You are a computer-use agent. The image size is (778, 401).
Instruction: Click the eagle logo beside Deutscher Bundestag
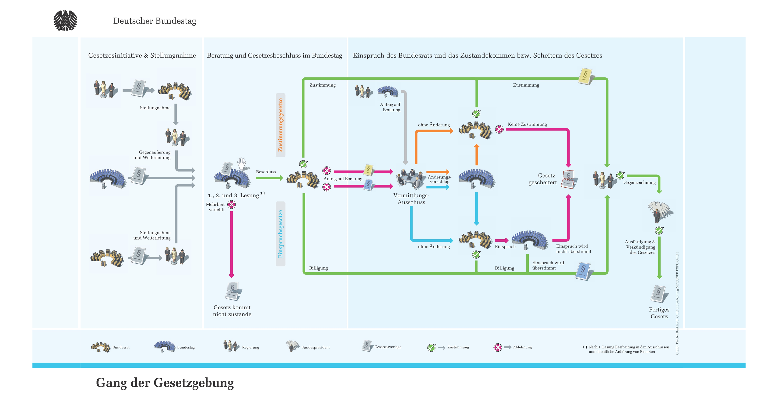coord(65,21)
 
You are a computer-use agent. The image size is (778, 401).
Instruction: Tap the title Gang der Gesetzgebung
coord(165,383)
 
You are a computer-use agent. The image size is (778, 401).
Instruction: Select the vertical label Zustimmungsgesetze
coord(280,125)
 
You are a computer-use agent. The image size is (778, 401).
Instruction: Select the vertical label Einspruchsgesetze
coord(280,234)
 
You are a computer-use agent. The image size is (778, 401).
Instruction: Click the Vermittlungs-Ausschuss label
coord(411,199)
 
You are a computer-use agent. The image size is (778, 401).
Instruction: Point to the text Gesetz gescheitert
coord(542,179)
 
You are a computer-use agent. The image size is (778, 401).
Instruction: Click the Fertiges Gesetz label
coord(659,313)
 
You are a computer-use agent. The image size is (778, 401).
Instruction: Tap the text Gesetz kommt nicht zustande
coord(232,311)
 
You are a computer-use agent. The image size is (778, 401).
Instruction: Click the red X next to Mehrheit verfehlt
coord(232,205)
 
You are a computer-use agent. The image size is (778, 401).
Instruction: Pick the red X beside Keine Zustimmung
coord(499,129)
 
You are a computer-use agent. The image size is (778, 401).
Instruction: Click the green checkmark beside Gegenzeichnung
coord(620,175)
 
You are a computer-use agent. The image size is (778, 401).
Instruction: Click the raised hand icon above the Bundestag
coord(242,164)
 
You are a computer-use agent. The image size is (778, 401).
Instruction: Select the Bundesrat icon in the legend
coord(101,347)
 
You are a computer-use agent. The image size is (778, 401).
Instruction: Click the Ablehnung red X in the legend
coord(498,348)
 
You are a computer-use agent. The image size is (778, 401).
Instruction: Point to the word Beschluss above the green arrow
coord(266,172)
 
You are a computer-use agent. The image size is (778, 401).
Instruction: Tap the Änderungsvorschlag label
coord(440,179)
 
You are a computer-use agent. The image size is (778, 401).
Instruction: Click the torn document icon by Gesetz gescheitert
coord(569,180)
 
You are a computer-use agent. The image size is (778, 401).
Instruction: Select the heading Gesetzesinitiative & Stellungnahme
coord(142,56)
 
